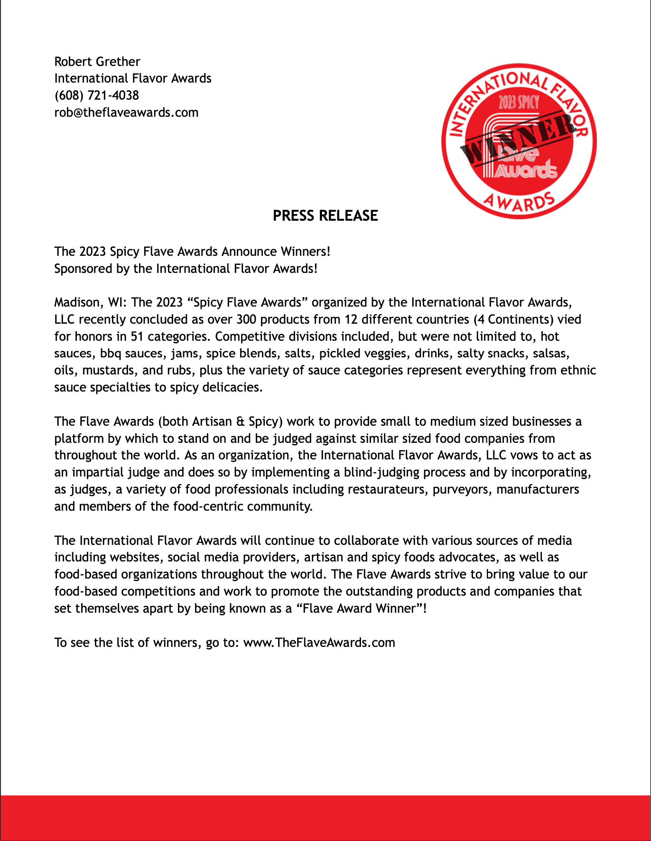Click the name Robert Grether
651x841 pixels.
97,62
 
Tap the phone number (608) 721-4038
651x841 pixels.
97,95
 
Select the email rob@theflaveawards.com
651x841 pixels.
126,112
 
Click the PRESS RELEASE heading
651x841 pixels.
325,216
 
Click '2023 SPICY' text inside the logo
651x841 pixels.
519,102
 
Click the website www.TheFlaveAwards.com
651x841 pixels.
319,643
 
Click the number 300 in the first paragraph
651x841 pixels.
246,319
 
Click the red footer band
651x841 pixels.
325,817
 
